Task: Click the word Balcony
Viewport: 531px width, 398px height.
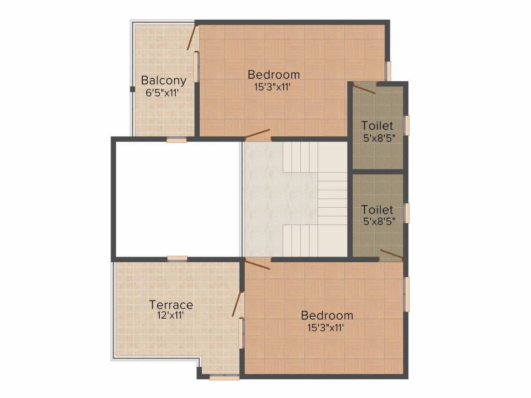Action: tap(163, 81)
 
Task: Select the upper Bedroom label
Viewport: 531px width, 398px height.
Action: tap(273, 74)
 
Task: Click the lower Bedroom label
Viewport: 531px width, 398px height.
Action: tap(327, 315)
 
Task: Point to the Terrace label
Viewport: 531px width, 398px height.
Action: tap(171, 305)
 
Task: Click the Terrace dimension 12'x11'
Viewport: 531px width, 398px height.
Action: tap(171, 315)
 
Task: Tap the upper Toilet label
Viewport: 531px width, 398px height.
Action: tap(377, 125)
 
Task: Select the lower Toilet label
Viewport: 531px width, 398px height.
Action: tap(377, 210)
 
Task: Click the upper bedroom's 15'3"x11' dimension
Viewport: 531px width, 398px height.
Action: tap(272, 87)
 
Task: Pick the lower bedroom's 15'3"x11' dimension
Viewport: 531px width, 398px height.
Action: tap(325, 327)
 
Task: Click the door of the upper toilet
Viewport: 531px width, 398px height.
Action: tap(364, 89)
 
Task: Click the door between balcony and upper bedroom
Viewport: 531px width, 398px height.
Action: tap(191, 37)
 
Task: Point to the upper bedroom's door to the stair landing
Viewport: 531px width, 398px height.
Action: tap(258, 134)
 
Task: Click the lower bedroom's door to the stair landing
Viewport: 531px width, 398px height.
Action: tap(257, 265)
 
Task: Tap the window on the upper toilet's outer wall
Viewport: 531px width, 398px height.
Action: tap(407, 125)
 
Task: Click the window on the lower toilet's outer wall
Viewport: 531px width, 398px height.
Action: tap(407, 213)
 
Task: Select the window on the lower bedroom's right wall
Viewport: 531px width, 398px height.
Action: tap(407, 294)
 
